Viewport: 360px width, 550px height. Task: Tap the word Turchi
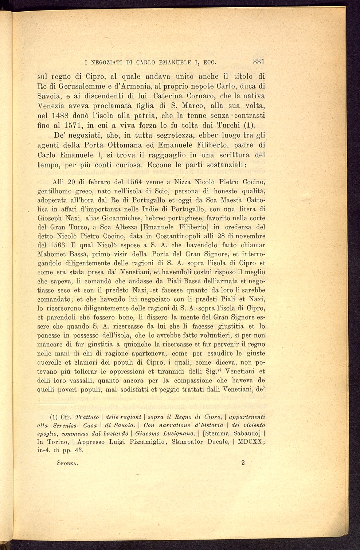pyautogui.click(x=228, y=125)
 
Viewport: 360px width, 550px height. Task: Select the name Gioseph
pyautogui.click(x=50, y=218)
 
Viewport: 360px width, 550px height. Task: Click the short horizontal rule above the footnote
pyautogui.click(x=56, y=404)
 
